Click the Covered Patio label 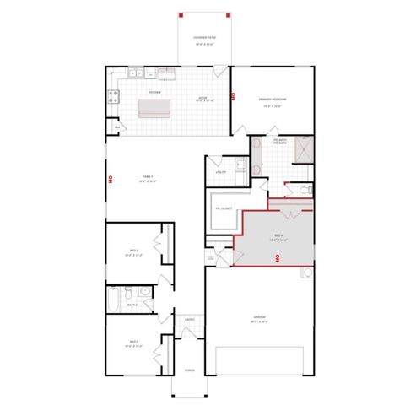point(203,40)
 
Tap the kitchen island point(154,106)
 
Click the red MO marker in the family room point(111,179)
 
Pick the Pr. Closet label point(224,208)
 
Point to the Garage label point(260,319)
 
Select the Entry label point(191,320)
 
